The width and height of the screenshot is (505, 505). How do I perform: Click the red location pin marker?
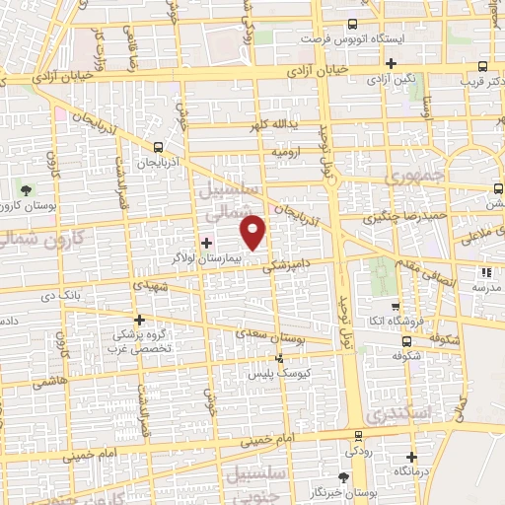[254, 231]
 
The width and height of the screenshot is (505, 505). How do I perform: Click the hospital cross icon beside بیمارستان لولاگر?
[206, 242]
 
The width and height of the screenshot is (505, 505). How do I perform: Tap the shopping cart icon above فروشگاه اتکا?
[395, 306]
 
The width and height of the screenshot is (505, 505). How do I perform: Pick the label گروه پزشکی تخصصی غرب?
[140, 341]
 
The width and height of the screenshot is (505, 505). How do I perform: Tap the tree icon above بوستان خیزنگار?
[342, 477]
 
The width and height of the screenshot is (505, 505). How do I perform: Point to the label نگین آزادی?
[404, 77]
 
